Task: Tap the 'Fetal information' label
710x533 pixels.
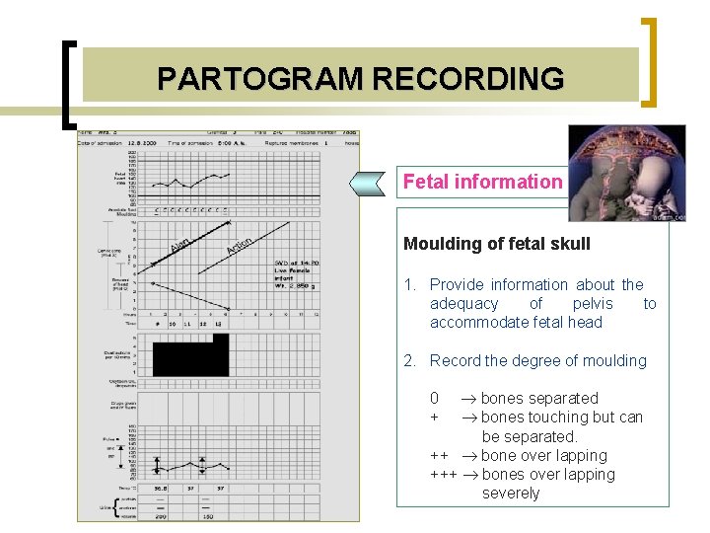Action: (x=481, y=182)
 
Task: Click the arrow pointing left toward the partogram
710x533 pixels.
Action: (x=374, y=183)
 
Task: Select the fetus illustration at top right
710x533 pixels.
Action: (x=626, y=174)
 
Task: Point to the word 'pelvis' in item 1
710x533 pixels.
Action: (x=592, y=304)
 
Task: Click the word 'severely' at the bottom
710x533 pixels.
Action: (x=510, y=494)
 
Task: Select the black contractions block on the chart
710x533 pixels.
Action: (x=190, y=355)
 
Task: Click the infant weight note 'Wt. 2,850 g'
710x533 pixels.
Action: (x=292, y=286)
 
